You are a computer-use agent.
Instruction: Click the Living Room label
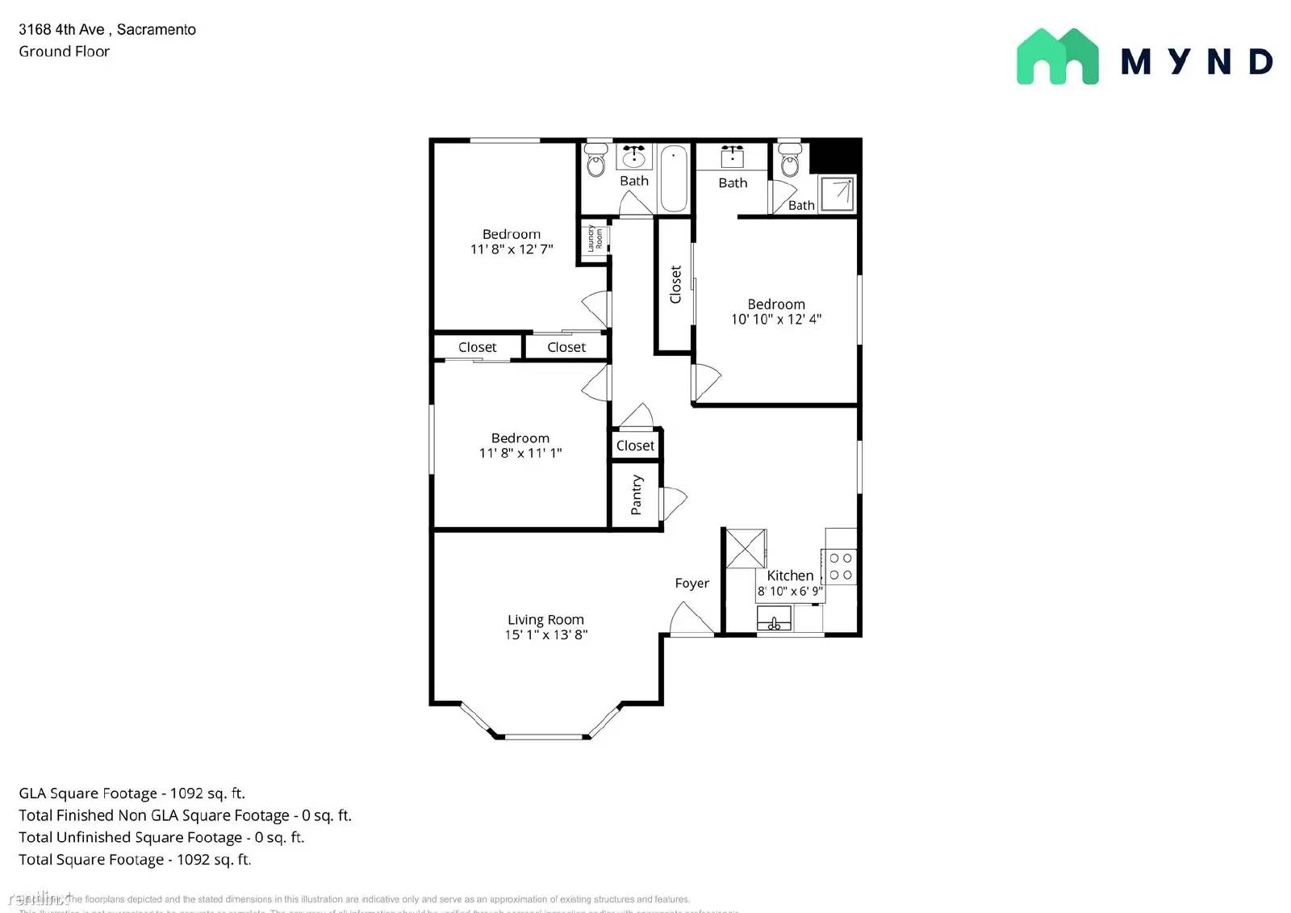click(x=545, y=619)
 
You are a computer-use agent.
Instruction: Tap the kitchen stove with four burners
click(x=840, y=566)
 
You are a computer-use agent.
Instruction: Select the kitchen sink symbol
click(x=774, y=619)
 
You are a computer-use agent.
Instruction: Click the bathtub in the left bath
click(x=673, y=178)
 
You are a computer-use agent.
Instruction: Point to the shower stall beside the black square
click(x=838, y=194)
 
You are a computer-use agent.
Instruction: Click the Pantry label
click(x=637, y=495)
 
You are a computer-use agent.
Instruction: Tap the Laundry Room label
click(x=595, y=238)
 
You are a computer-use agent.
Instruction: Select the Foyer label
click(x=691, y=583)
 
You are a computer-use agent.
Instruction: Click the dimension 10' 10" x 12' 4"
click(x=775, y=319)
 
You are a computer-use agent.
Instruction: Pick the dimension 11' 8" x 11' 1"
click(x=520, y=453)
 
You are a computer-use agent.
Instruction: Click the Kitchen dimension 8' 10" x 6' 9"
click(x=790, y=591)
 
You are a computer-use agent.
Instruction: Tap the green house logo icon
click(x=1057, y=57)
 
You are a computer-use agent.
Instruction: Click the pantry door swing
click(x=674, y=503)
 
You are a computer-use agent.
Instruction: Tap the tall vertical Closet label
click(x=675, y=284)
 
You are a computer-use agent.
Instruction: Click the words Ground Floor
click(x=64, y=51)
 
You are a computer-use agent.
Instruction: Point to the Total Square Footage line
click(x=135, y=860)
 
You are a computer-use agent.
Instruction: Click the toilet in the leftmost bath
click(x=595, y=161)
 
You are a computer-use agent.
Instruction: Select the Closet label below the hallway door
click(x=635, y=446)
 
